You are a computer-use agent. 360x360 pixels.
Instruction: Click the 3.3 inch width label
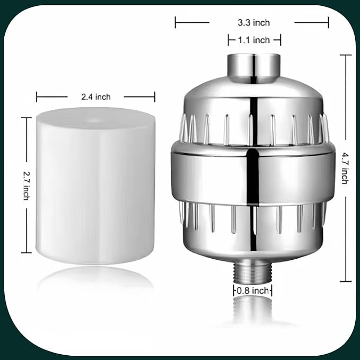253,22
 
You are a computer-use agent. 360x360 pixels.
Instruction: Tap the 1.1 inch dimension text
254,40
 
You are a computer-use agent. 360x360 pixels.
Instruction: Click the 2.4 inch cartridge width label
95,96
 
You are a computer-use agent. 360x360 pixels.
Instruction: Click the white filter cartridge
95,186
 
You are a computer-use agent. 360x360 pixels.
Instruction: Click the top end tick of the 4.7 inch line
345,55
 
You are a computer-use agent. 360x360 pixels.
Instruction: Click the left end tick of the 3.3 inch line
175,22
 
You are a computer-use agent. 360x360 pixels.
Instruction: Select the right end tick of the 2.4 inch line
154,96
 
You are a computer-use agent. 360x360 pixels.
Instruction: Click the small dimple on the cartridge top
96,120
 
